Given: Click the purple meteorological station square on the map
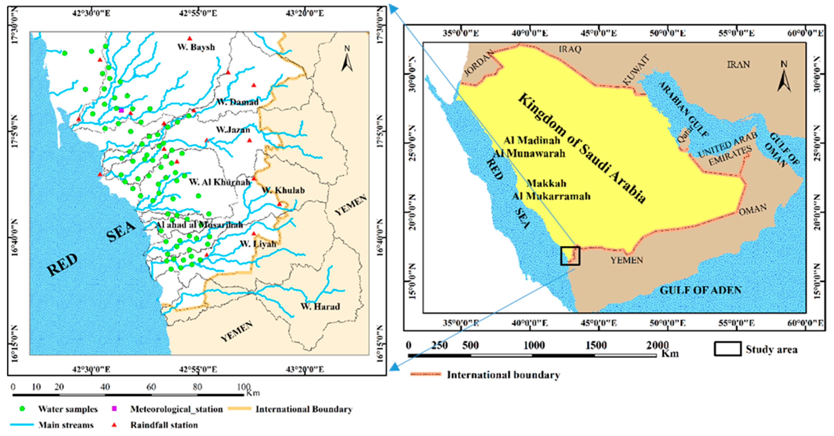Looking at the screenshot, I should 121,110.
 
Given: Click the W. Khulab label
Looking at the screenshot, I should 283,190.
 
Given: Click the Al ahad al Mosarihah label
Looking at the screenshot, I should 199,225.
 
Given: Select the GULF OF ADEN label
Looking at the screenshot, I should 700,290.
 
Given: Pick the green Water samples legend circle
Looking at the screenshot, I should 22,409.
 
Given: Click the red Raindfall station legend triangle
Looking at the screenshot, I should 114,425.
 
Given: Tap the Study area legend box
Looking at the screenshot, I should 727,349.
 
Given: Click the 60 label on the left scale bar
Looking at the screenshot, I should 151,387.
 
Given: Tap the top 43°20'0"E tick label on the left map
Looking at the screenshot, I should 304,13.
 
